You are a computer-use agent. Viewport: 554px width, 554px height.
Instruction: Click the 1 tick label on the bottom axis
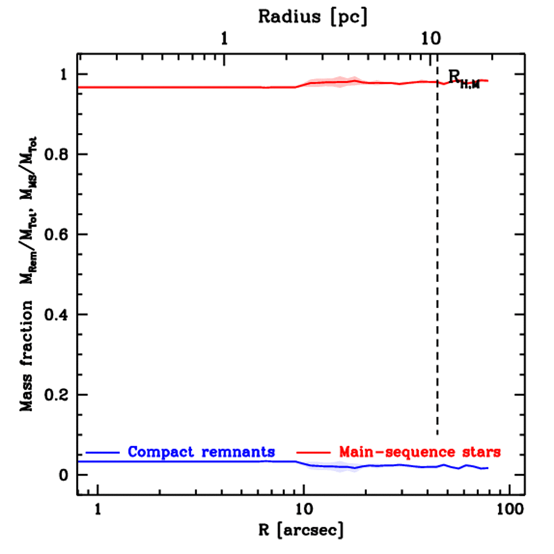point(98,509)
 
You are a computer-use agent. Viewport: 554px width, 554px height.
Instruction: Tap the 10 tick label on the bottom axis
point(304,509)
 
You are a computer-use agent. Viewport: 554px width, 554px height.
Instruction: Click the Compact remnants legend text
point(202,451)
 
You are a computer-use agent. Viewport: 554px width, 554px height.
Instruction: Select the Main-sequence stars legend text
point(420,451)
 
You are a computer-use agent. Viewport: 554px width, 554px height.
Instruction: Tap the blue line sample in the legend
point(102,451)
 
